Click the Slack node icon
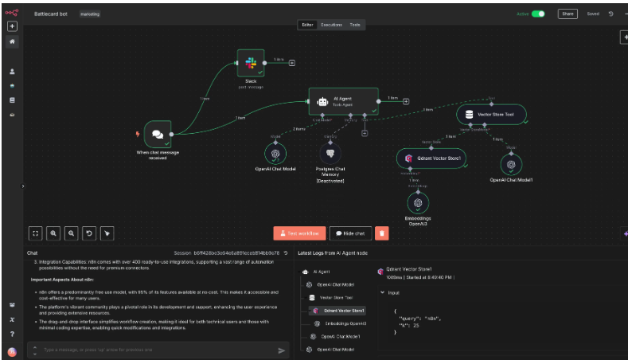tap(250, 63)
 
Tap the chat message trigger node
tap(158, 135)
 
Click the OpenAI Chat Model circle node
tap(275, 154)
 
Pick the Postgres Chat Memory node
tap(330, 153)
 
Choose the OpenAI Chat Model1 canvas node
tap(511, 164)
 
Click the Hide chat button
tap(350, 233)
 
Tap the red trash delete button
tap(382, 233)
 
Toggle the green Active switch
tap(538, 14)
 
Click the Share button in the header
tap(568, 14)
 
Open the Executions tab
tap(331, 25)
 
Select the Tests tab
tap(355, 25)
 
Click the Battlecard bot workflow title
tap(51, 14)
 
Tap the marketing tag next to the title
tap(90, 14)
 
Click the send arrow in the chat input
tap(281, 350)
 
